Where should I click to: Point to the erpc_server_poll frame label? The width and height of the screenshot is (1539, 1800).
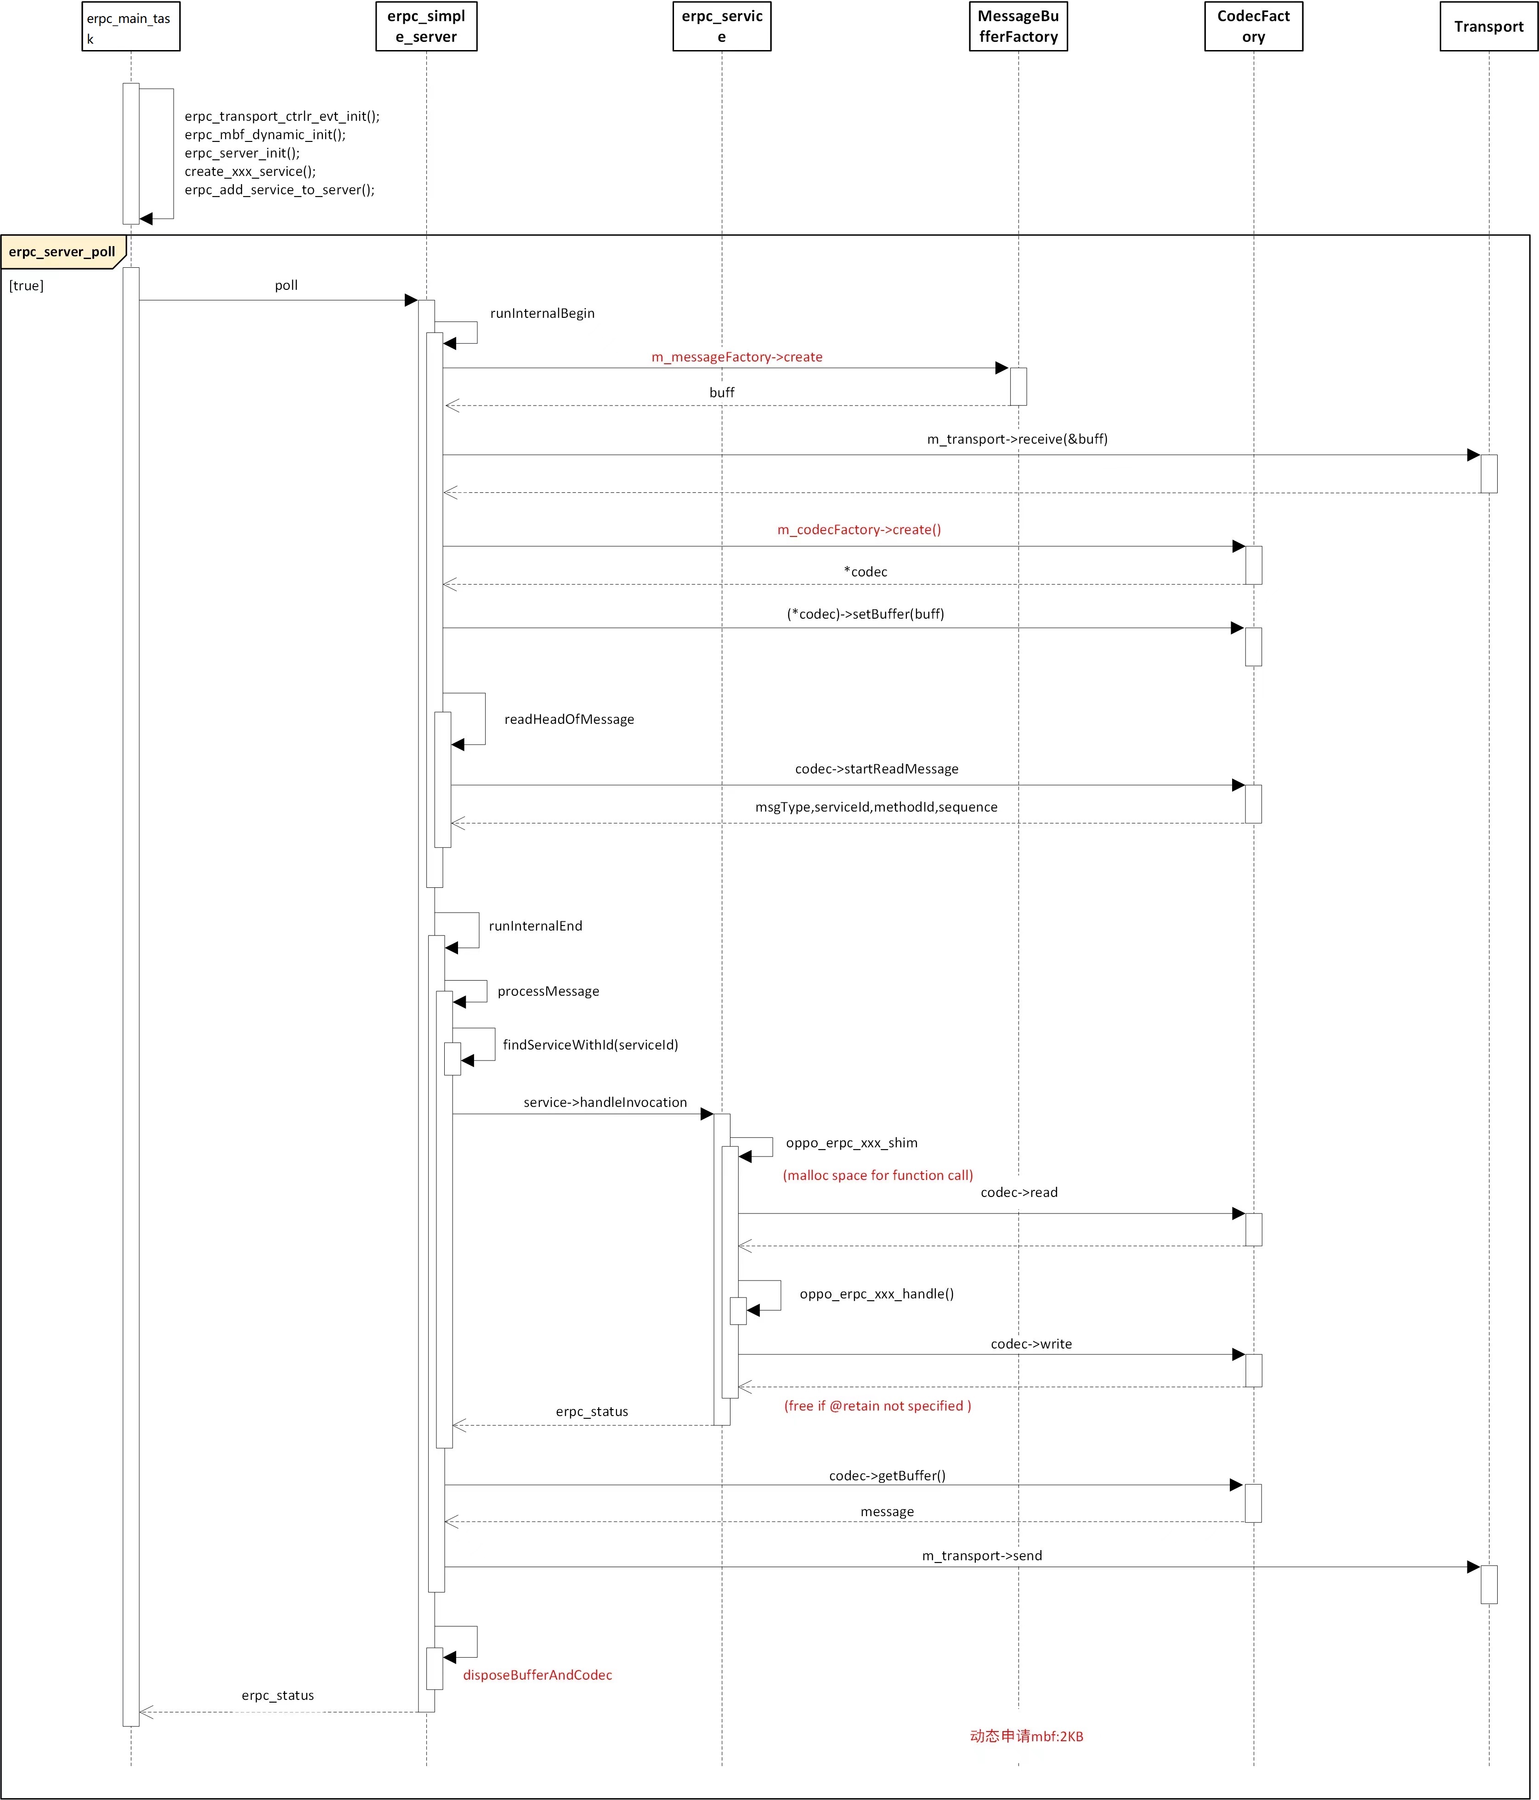coord(62,252)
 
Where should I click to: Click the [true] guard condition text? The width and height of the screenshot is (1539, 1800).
coord(26,286)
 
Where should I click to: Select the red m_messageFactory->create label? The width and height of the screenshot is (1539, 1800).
coord(737,357)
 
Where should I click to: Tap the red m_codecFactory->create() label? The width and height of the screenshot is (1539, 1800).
coord(860,530)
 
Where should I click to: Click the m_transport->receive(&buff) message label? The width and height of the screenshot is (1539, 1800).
coord(1018,440)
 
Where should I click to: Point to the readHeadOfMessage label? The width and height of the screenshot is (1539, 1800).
coord(569,719)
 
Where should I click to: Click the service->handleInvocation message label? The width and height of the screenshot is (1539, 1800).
coord(605,1102)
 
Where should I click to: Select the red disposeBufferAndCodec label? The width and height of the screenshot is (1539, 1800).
coord(538,1675)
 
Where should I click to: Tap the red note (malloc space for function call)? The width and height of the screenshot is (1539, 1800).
coord(878,1175)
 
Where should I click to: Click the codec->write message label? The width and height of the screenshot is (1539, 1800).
coord(1031,1344)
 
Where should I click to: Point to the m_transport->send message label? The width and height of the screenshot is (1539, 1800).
coord(982,1556)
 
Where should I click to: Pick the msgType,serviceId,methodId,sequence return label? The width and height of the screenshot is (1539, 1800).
coord(876,807)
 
